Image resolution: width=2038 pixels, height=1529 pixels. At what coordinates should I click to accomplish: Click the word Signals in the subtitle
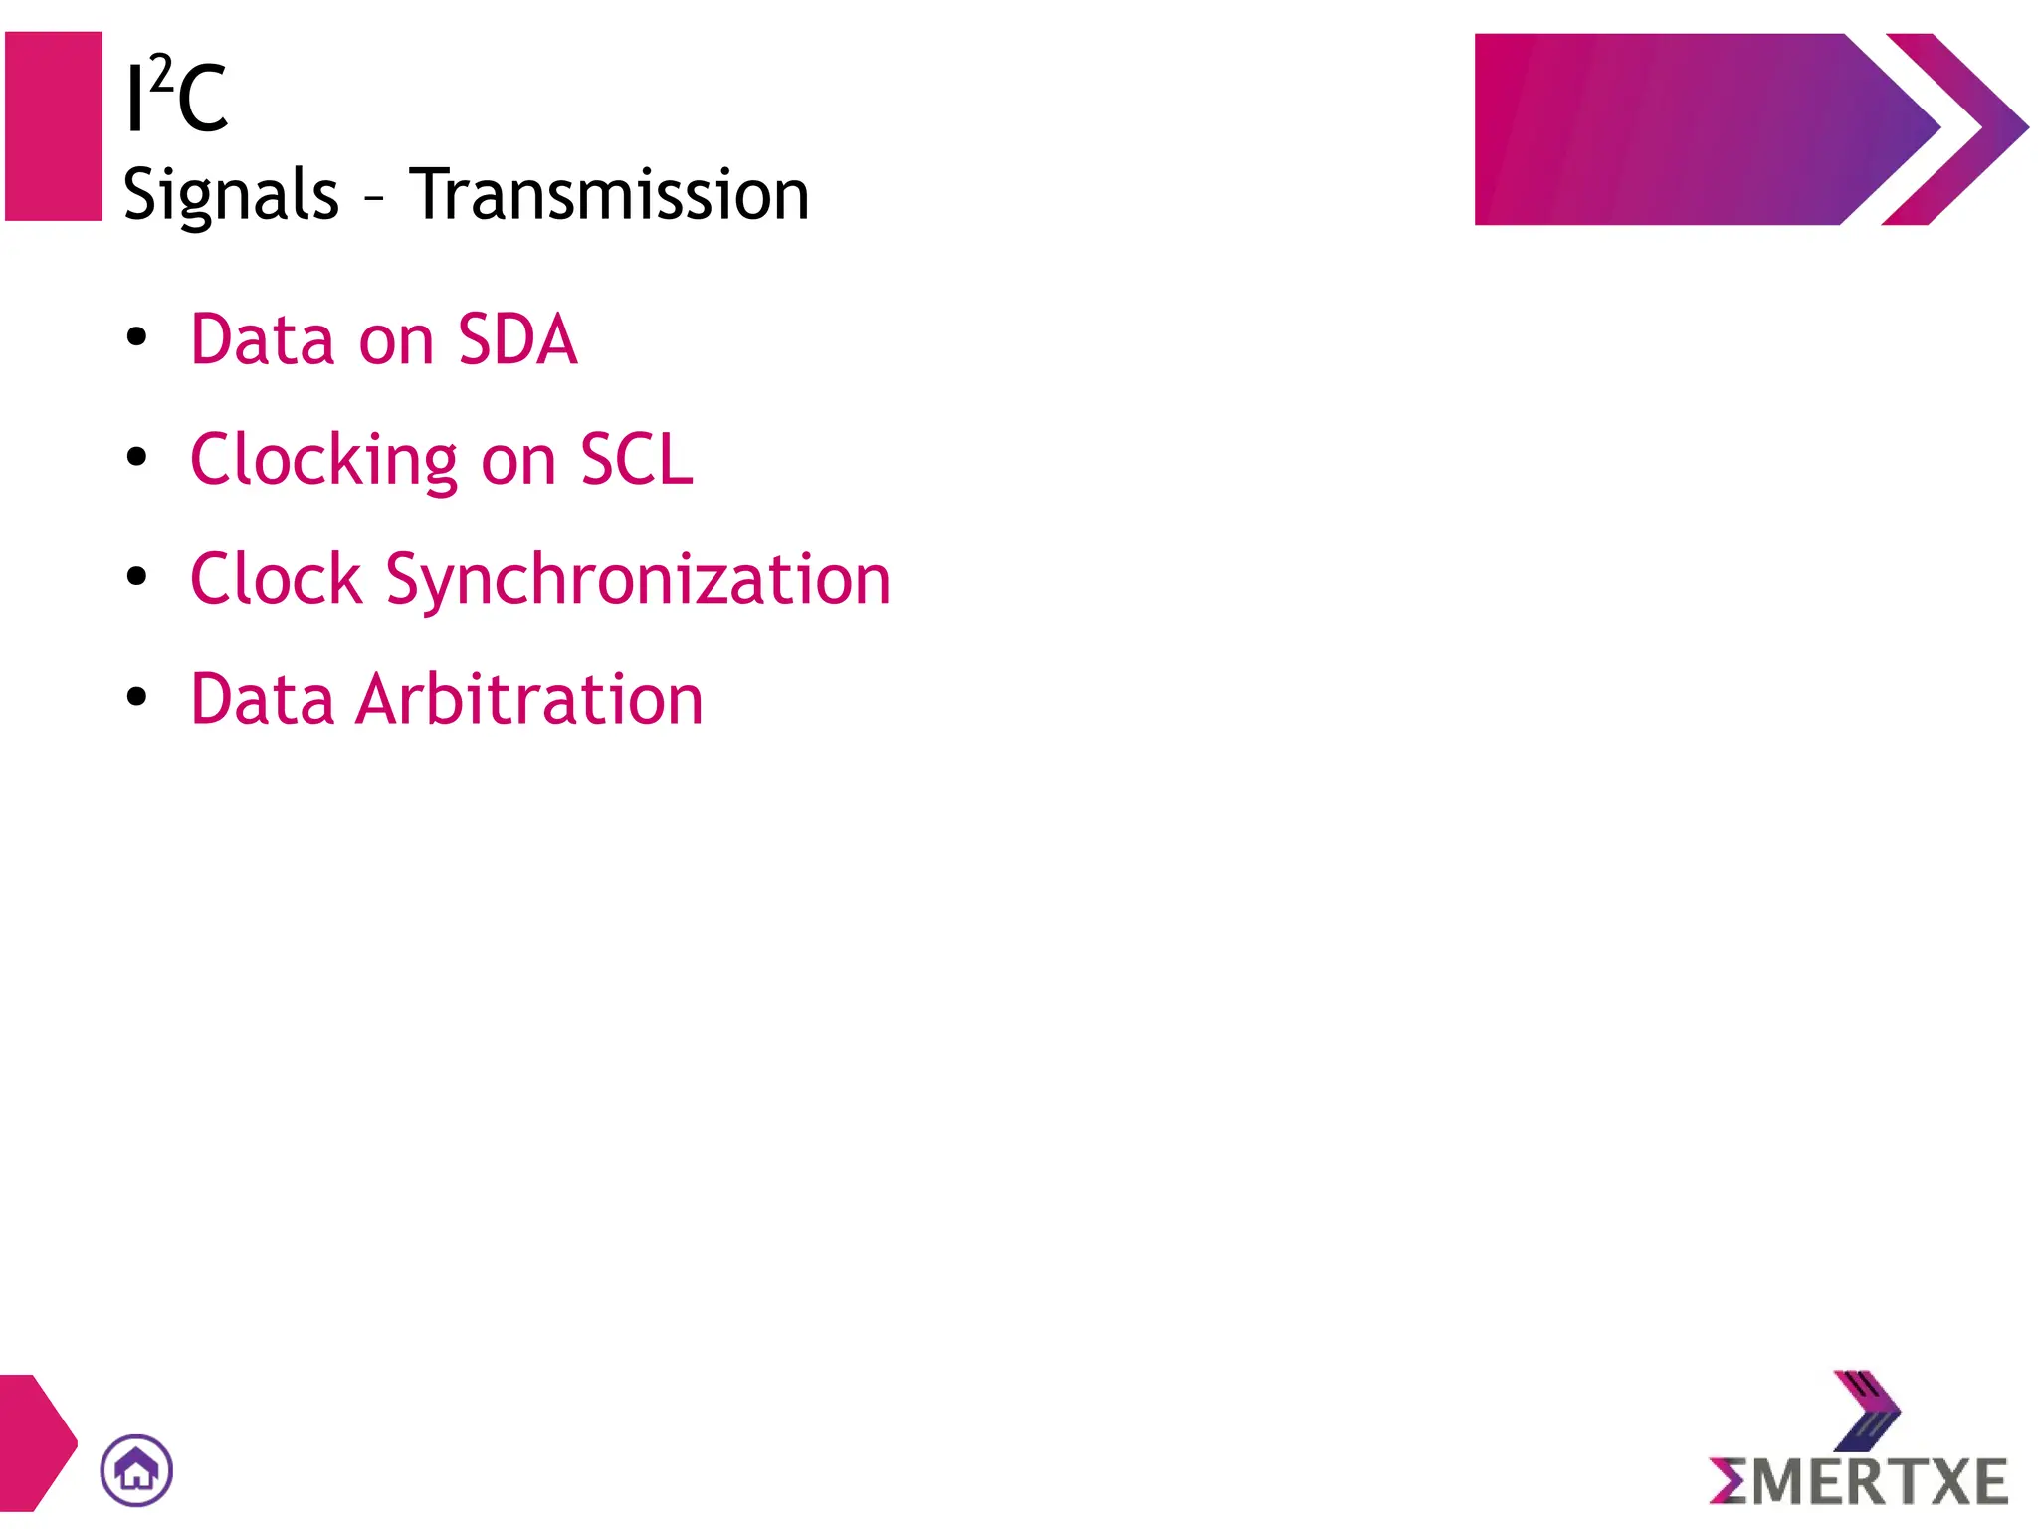pos(231,195)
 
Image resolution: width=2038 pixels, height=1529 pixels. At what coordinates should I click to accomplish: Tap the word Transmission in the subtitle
pos(609,194)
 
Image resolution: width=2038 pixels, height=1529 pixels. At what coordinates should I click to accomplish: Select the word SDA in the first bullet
pos(517,340)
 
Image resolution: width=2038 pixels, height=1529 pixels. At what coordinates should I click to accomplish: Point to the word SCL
pos(637,460)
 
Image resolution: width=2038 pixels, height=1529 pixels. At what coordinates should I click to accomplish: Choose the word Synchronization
pos(638,580)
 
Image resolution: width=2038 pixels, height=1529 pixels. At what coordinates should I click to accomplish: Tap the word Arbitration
pos(529,699)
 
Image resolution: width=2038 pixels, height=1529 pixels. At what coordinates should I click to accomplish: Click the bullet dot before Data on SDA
pos(137,337)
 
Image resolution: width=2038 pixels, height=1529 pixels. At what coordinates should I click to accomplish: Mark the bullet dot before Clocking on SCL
pos(137,457)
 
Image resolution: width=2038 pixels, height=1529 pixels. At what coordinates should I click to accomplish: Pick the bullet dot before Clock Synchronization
pos(137,576)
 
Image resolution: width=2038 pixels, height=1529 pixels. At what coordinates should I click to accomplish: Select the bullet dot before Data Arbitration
pos(137,697)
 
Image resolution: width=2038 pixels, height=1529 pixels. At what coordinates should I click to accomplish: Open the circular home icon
pos(136,1470)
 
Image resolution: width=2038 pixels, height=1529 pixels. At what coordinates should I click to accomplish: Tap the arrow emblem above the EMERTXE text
pos(1866,1410)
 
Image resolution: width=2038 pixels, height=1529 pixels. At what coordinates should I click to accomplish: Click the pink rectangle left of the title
pos(54,126)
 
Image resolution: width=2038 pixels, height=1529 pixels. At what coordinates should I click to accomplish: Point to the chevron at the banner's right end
pos(1955,129)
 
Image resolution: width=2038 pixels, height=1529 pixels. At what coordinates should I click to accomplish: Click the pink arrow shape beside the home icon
pos(35,1442)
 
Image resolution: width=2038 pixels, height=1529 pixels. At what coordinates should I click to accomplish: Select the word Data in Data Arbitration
pos(262,699)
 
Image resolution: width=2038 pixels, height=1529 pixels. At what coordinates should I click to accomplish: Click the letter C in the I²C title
pos(203,99)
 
